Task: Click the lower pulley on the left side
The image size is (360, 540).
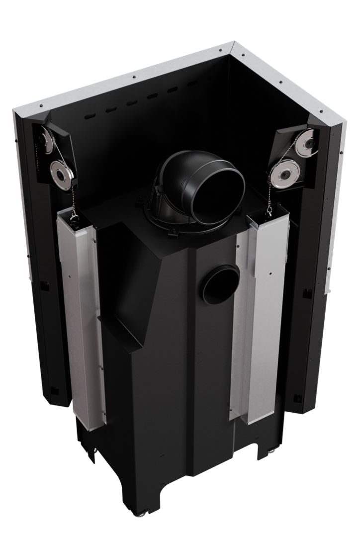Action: coord(62,175)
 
